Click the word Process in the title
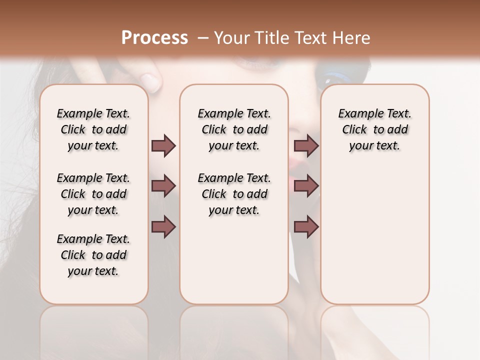point(154,38)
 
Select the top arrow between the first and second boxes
point(163,145)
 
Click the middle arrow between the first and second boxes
point(163,186)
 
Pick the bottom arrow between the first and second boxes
point(163,227)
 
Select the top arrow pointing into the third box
point(306,145)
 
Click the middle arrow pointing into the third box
point(306,186)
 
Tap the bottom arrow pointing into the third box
point(306,227)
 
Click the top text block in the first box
point(93,129)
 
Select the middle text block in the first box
point(93,194)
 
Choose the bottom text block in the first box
point(93,255)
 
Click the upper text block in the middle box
point(234,129)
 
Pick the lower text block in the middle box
point(234,194)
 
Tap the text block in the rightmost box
point(374,129)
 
